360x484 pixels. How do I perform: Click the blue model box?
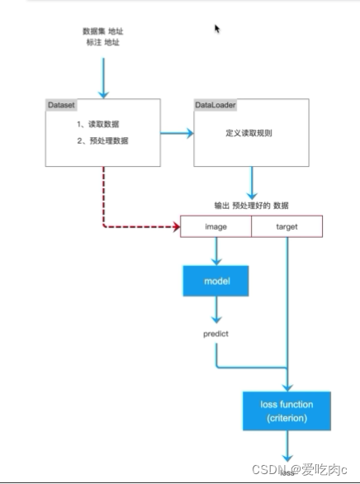tap(216, 282)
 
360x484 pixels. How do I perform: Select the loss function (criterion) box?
tap(287, 411)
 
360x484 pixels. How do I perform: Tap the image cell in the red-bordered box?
tap(216, 226)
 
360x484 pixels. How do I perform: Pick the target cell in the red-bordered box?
tap(287, 226)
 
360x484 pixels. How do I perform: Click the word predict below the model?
tap(216, 334)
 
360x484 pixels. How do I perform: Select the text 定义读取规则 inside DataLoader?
tap(250, 132)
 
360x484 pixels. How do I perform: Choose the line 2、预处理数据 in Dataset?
tap(103, 140)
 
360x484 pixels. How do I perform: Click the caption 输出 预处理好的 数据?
tap(252, 204)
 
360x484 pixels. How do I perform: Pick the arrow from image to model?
tap(216, 250)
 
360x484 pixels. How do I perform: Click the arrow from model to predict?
tap(216, 310)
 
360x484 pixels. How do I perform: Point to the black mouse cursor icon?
tap(217, 29)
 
